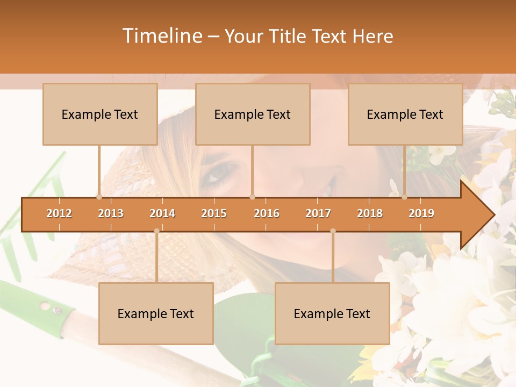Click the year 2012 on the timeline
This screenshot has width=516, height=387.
(59, 213)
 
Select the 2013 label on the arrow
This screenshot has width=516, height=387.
(111, 213)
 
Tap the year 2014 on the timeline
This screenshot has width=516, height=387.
(162, 213)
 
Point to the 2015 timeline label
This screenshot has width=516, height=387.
(214, 213)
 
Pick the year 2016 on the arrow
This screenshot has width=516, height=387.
(267, 213)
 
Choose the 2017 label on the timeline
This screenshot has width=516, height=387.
(318, 213)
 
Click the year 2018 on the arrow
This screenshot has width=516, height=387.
(370, 213)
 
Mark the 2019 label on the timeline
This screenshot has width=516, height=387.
(421, 213)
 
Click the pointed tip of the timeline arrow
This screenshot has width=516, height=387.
(493, 214)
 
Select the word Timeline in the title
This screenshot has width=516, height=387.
(161, 36)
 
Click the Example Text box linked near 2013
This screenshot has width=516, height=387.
(100, 114)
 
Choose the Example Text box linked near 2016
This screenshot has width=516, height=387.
(253, 114)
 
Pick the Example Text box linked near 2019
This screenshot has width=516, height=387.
(405, 114)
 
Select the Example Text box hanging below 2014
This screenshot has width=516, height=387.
(156, 313)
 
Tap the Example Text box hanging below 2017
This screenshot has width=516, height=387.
(332, 313)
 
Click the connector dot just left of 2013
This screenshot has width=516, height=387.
(99, 197)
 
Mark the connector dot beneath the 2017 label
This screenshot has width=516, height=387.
(333, 231)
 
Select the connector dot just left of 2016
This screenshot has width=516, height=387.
(252, 197)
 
